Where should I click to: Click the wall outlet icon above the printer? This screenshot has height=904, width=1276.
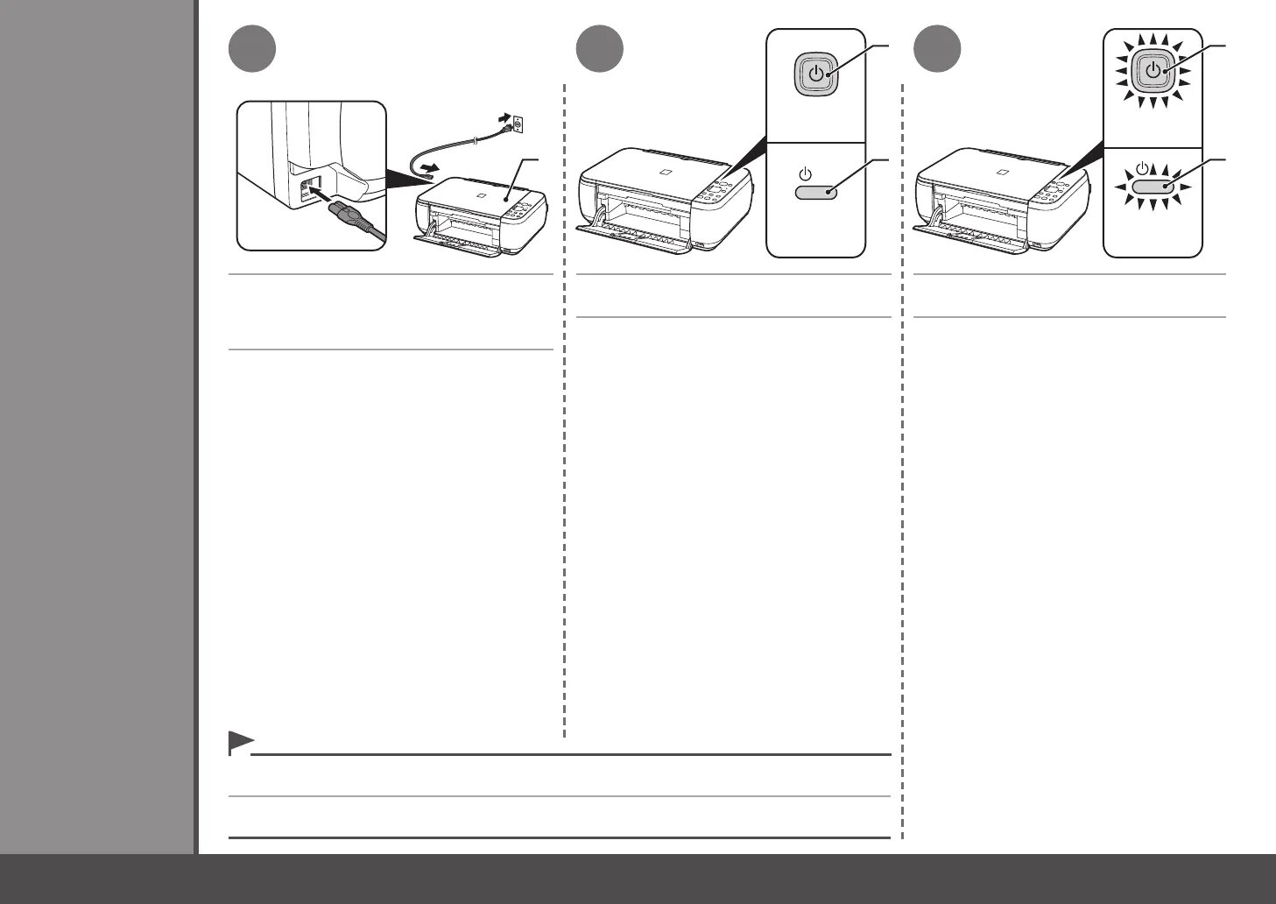point(518,125)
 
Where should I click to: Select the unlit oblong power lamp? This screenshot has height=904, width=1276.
point(816,190)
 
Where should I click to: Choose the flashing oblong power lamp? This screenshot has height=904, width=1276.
point(1152,187)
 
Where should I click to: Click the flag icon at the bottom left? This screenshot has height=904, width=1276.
point(239,742)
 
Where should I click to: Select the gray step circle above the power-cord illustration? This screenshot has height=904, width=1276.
point(252,50)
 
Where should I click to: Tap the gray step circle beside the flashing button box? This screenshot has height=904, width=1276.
point(937,50)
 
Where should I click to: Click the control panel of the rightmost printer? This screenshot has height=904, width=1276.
point(1056,191)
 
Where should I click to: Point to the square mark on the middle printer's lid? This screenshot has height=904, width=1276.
point(666,170)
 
